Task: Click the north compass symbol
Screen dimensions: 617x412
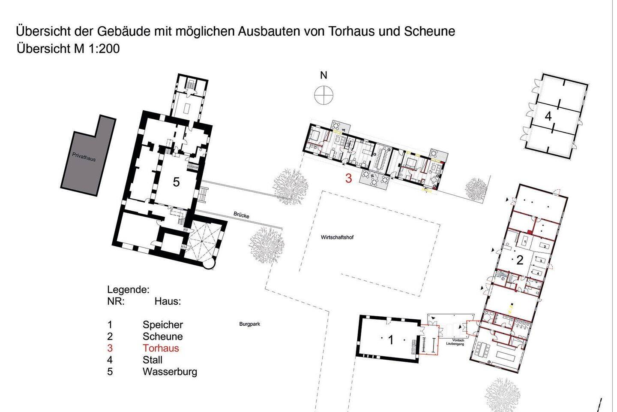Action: point(323,95)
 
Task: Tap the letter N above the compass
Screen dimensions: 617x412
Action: point(323,76)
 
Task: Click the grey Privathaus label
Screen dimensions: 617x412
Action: point(84,157)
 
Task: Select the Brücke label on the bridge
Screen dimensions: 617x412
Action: point(241,215)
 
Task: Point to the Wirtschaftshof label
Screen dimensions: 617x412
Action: point(337,237)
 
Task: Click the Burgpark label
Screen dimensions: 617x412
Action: point(249,324)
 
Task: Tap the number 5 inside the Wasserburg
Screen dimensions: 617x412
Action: point(176,182)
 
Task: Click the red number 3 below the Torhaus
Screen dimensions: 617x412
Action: point(349,179)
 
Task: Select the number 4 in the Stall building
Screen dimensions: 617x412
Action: point(548,116)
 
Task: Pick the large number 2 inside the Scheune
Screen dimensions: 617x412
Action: point(520,260)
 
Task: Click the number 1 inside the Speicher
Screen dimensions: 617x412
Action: point(391,340)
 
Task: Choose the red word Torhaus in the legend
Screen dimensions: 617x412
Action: point(161,348)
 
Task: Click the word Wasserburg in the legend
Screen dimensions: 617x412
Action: point(170,372)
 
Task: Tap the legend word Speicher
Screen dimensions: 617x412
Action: point(163,325)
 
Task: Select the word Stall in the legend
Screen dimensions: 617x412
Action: point(153,360)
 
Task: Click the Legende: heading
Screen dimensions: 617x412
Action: point(129,290)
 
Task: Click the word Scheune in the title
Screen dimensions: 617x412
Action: point(429,31)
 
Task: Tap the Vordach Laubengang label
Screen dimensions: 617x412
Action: point(455,342)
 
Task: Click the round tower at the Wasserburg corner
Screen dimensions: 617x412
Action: point(209,263)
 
